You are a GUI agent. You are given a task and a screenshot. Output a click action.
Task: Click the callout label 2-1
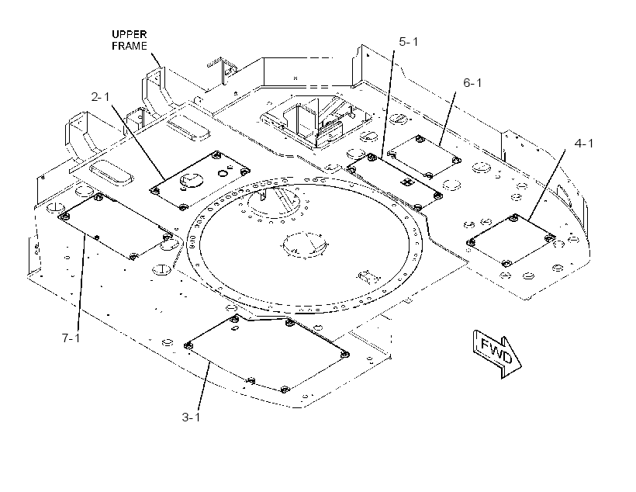[x=100, y=96]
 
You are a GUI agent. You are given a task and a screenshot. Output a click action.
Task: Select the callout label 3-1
[x=191, y=418]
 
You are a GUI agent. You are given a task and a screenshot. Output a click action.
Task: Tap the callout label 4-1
[x=584, y=144]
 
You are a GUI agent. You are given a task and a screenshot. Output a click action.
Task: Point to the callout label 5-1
[x=409, y=41]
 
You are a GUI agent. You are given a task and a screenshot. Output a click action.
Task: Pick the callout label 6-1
[x=472, y=83]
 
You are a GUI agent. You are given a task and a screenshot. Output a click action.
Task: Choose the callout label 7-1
[x=71, y=338]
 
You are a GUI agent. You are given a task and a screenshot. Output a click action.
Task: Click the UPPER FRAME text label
[x=130, y=40]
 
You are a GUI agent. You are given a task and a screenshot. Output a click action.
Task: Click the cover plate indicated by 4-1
[x=511, y=240]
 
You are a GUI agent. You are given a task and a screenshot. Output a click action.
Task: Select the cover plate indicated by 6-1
[x=424, y=156]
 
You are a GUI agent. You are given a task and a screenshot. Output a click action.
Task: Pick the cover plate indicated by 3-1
[x=268, y=352]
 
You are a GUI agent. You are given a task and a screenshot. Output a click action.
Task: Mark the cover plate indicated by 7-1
[x=116, y=226]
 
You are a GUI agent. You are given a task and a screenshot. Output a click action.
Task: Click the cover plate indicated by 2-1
[x=200, y=180]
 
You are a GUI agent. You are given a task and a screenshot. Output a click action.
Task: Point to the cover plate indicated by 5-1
[x=395, y=179]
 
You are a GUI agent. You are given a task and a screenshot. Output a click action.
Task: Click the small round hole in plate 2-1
[x=223, y=173]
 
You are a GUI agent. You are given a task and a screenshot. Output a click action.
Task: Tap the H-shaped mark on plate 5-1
[x=406, y=182]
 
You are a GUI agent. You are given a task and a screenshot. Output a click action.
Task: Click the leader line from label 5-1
[x=387, y=104]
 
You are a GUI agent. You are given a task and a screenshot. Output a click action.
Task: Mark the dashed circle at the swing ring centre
[x=305, y=244]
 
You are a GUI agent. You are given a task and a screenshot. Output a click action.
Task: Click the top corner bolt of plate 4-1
[x=515, y=218]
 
